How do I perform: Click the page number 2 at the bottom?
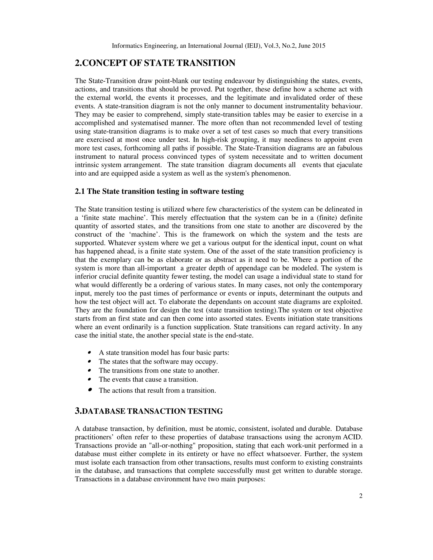coord(361,496)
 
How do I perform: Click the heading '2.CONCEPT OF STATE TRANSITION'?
coord(155,63)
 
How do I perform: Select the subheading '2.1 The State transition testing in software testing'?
coord(159,191)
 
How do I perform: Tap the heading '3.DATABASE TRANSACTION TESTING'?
coord(149,411)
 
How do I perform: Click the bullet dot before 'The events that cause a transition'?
coord(89,379)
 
